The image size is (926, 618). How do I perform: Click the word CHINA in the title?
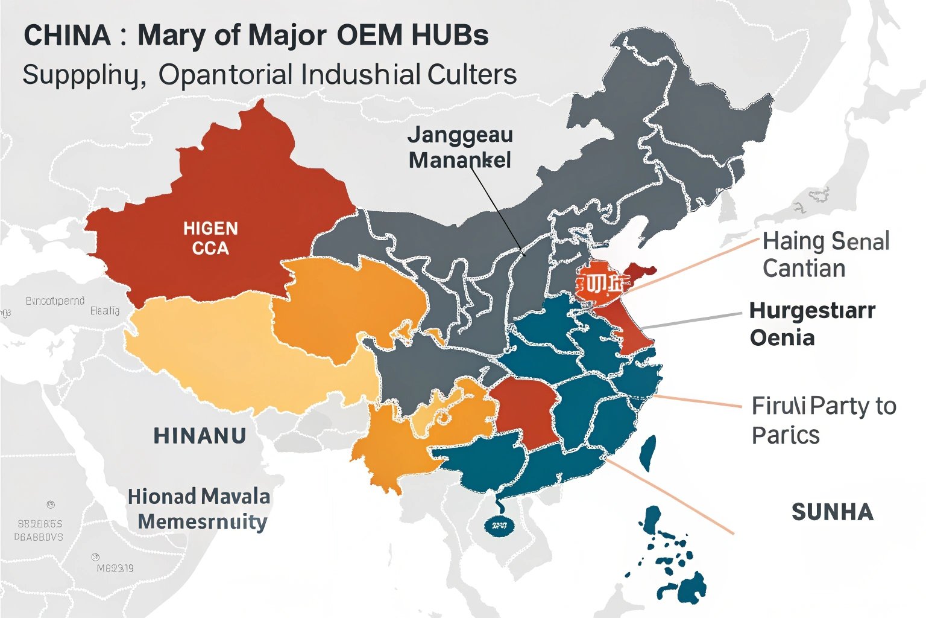tap(68, 36)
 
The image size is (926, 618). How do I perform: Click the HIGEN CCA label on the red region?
tap(210, 238)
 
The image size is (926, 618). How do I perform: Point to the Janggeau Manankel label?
tap(459, 147)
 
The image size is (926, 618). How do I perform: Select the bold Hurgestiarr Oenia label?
tap(811, 323)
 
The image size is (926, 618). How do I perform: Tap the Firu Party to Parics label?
tap(823, 420)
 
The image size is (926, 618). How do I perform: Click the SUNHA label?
tap(832, 512)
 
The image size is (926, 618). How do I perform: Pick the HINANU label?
tap(200, 436)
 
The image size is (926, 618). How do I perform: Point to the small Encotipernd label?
tap(55, 301)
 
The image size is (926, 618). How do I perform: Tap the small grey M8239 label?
tap(115, 568)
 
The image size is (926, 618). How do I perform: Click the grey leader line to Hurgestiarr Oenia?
tap(693, 321)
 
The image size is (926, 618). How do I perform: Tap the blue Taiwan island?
tap(647, 453)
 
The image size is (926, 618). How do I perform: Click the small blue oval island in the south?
tap(499, 526)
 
